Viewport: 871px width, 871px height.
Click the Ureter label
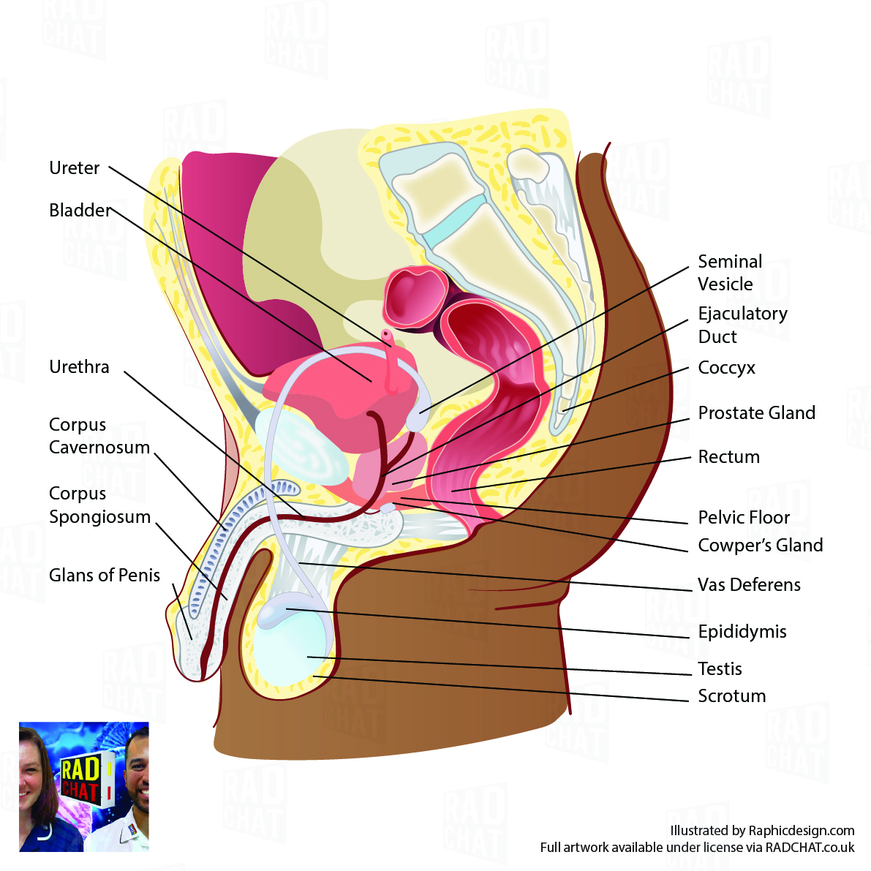[74, 167]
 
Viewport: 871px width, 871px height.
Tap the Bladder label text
[80, 211]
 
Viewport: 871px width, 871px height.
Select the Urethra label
[79, 366]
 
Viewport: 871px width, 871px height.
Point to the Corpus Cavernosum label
[99, 436]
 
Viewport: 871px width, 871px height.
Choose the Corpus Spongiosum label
[99, 505]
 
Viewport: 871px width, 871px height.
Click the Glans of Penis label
[105, 576]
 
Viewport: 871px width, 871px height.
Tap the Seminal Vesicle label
[729, 273]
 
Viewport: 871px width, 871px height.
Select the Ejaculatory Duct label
[742, 325]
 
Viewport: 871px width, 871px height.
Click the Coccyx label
[726, 368]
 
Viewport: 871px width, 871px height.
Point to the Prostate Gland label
[756, 413]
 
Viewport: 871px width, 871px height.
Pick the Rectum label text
[728, 457]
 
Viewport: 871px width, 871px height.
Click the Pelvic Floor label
[743, 518]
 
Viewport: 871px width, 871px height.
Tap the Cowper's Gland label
[760, 546]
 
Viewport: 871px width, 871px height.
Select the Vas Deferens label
[749, 585]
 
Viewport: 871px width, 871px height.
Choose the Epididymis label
[742, 632]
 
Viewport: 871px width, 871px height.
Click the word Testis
[720, 669]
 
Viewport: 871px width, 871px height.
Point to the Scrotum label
[731, 696]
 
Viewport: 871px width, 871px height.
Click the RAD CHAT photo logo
[83, 786]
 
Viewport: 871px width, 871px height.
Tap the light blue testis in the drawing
[293, 651]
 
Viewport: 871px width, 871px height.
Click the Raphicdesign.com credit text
[762, 831]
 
